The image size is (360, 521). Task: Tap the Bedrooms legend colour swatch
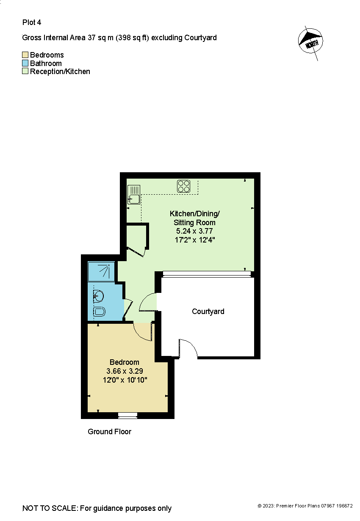25,55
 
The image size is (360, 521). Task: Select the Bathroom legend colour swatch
25,63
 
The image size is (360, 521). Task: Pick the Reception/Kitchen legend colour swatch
25,72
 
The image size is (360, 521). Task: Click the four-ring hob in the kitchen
184,186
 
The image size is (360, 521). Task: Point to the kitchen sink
134,195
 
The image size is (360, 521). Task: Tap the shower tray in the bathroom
101,271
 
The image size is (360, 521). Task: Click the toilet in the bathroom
99,312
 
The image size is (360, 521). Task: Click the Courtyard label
208,311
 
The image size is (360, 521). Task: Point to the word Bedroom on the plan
124,362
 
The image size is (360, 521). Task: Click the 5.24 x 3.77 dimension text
194,231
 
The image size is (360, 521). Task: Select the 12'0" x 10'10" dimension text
125,380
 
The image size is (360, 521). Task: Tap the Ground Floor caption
109,432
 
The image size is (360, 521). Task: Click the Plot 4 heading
32,22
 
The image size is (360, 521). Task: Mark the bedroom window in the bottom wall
127,415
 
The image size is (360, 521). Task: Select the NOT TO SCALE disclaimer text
97,508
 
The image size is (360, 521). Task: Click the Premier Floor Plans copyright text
305,506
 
